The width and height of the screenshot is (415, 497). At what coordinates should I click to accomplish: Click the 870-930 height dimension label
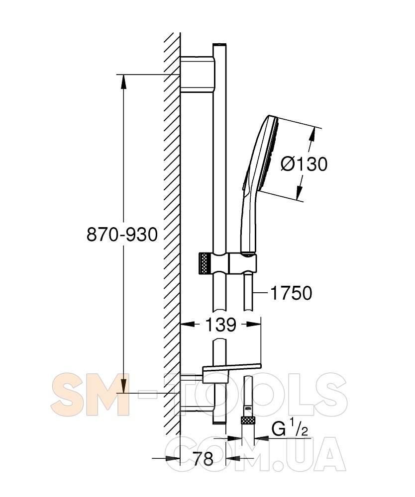(122, 235)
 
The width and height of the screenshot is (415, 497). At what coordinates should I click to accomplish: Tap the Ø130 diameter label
(304, 165)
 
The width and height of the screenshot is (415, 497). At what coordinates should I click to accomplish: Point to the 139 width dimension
(221, 325)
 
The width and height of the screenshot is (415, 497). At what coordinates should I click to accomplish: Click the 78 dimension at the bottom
(203, 459)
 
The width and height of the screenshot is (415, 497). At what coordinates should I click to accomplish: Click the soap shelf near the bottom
(231, 368)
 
